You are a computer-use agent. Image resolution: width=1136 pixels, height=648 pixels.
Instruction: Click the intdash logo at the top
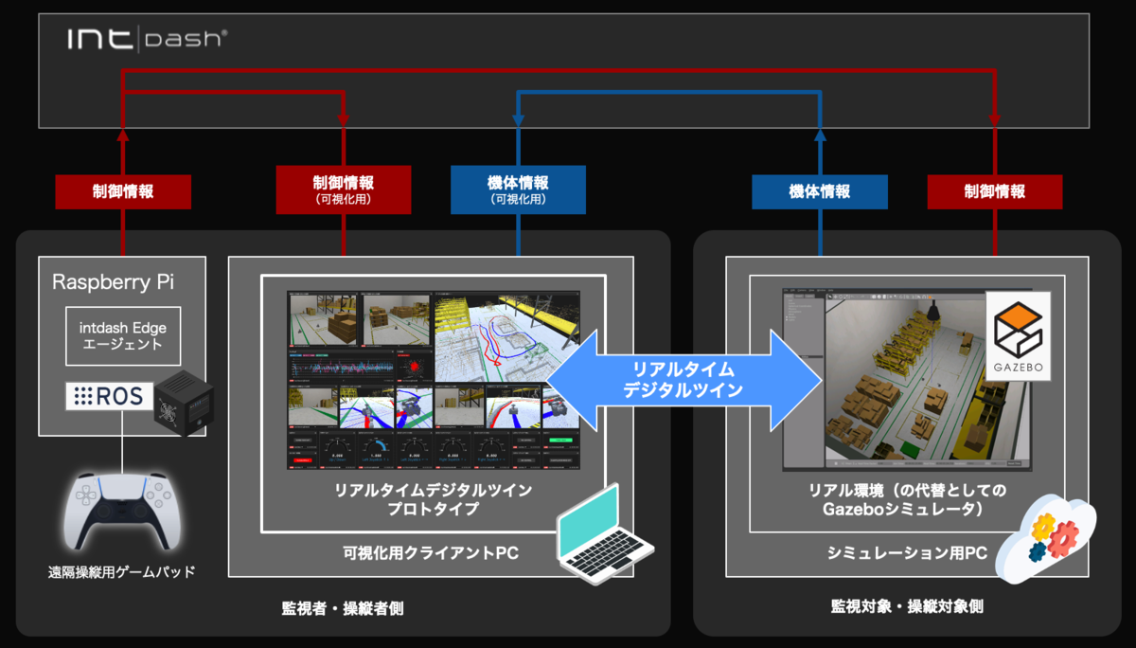[146, 39]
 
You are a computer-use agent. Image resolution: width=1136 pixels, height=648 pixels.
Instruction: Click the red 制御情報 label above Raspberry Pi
[123, 191]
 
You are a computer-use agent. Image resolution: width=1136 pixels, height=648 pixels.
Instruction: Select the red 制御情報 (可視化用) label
[344, 189]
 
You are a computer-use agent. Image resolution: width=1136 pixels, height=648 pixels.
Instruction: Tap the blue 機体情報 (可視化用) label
[518, 189]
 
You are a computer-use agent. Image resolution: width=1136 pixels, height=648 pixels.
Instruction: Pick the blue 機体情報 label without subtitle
[820, 191]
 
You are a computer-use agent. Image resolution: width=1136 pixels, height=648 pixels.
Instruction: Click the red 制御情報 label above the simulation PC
[994, 191]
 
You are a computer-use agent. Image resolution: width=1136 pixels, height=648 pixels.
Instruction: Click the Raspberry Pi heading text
[113, 281]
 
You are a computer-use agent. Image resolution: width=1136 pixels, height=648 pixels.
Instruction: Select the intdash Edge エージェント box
[122, 336]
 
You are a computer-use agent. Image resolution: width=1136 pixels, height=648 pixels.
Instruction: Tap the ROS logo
[110, 397]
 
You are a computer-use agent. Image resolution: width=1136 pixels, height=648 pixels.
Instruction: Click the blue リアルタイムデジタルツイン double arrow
[684, 380]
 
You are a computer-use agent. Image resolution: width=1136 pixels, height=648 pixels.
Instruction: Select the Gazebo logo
[1019, 335]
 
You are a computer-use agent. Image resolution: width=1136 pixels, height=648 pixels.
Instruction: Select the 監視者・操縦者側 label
[342, 607]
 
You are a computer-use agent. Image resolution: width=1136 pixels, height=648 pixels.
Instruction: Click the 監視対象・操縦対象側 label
[907, 605]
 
